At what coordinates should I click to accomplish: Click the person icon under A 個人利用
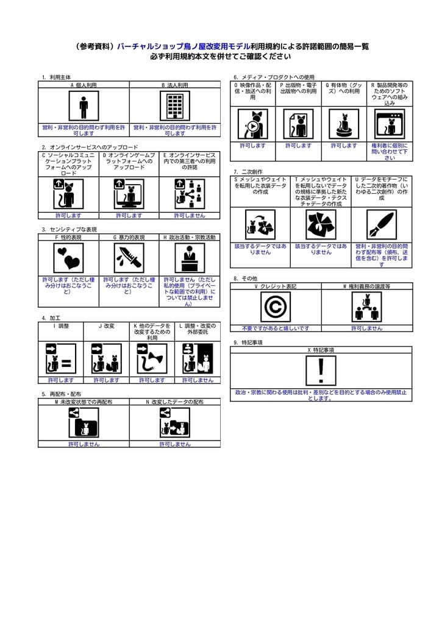pyautogui.click(x=84, y=105)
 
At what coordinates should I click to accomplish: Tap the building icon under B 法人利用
pyautogui.click(x=175, y=105)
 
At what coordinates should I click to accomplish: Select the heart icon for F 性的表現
pyautogui.click(x=68, y=258)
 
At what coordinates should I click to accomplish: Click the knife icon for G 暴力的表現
pyautogui.click(x=129, y=258)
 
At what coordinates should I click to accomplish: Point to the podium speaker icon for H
pyautogui.click(x=190, y=258)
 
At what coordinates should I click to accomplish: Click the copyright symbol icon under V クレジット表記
pyautogui.click(x=276, y=307)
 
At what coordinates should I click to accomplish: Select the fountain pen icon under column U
pyautogui.click(x=382, y=224)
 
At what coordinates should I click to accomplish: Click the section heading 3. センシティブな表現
pyautogui.click(x=69, y=229)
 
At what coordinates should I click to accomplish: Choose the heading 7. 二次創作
pyautogui.click(x=248, y=172)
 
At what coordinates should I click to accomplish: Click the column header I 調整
pyautogui.click(x=60, y=326)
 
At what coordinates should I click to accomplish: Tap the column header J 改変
pyautogui.click(x=106, y=326)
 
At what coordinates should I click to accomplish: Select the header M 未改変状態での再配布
pyautogui.click(x=84, y=402)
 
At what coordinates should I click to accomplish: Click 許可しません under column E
pyautogui.click(x=190, y=215)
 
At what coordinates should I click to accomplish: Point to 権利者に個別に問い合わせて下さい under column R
pyautogui.click(x=390, y=152)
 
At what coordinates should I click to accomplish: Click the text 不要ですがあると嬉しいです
pyautogui.click(x=276, y=328)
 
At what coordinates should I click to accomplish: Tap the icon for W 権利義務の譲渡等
pyautogui.click(x=366, y=307)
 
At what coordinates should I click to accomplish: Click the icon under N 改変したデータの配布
pyautogui.click(x=175, y=421)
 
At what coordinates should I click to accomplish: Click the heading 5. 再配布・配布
pyautogui.click(x=61, y=394)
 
